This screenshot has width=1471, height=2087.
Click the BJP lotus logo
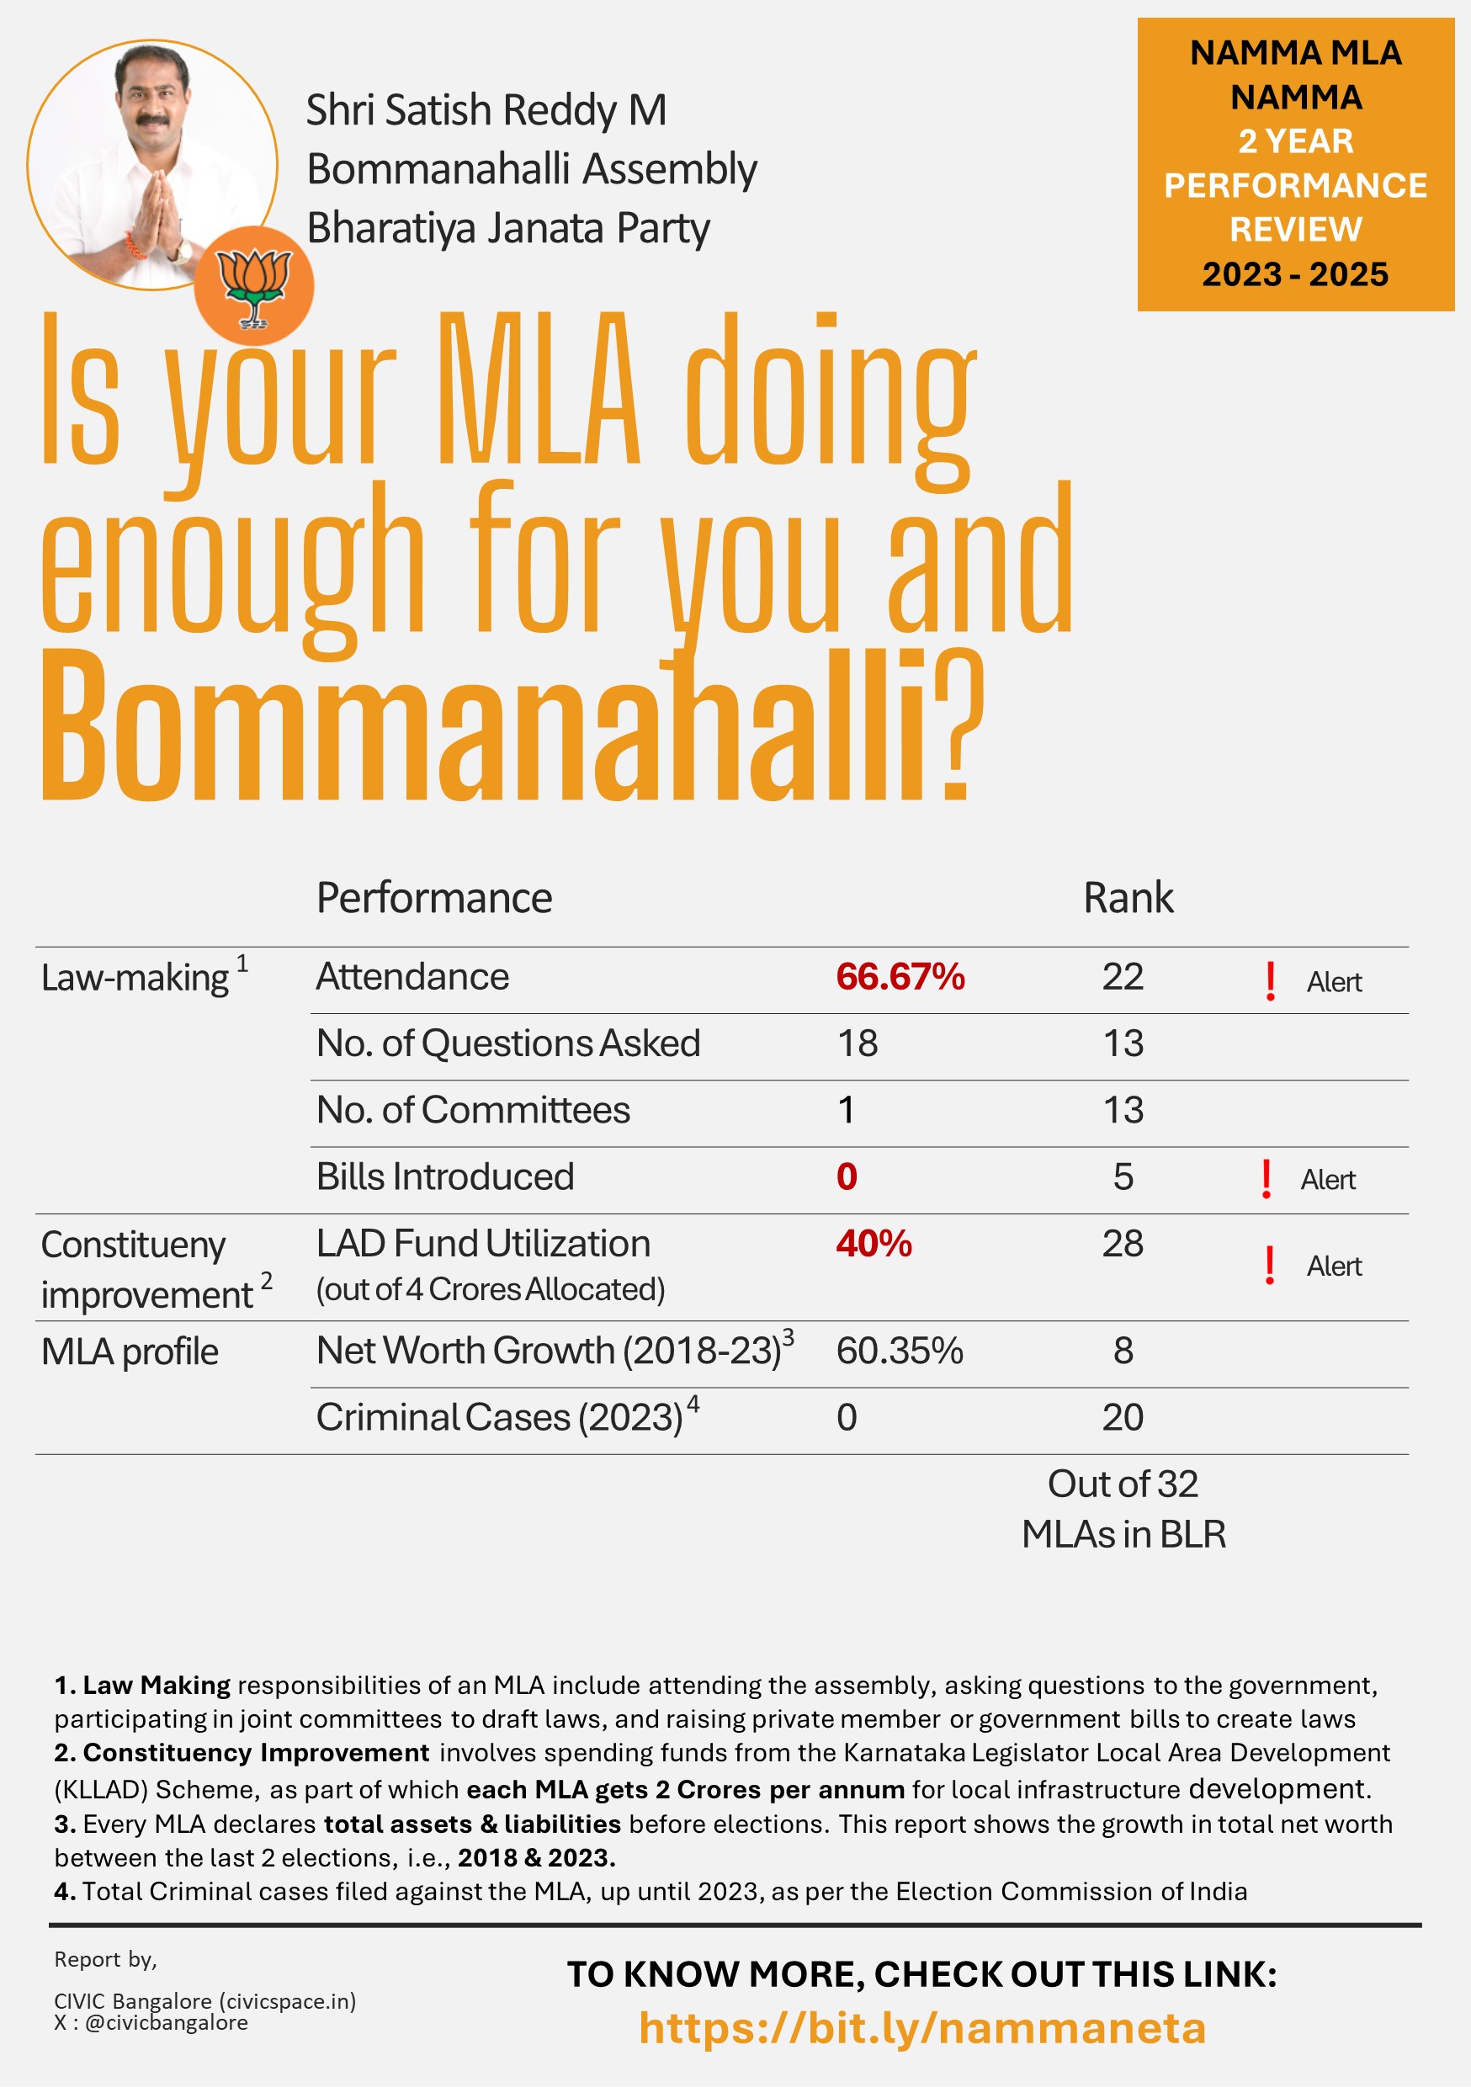click(x=253, y=285)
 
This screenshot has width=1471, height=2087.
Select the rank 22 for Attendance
click(x=1122, y=977)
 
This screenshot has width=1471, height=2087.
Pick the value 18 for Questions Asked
click(x=857, y=1043)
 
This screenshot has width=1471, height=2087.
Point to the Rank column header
click(x=1128, y=898)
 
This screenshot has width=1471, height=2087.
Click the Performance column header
click(x=433, y=898)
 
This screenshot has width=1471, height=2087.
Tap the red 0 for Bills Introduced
click(x=847, y=1177)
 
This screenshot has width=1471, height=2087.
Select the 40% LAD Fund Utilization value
click(x=873, y=1244)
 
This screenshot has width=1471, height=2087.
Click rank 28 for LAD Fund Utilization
click(x=1122, y=1244)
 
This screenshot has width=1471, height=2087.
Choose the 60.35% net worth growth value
click(x=899, y=1351)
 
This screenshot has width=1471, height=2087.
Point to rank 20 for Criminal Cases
click(x=1122, y=1417)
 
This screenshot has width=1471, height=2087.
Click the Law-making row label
click(x=135, y=978)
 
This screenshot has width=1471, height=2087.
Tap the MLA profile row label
click(x=129, y=1352)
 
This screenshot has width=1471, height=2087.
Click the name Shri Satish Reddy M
click(x=486, y=110)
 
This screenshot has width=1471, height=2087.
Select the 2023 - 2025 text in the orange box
click(x=1294, y=274)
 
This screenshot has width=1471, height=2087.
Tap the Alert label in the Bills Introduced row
click(x=1327, y=1180)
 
